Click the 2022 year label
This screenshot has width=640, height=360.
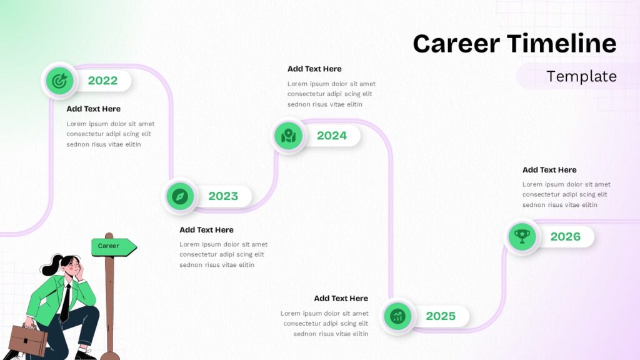[102, 81]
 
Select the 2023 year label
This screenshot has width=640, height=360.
[223, 196]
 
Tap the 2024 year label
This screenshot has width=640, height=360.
[332, 136]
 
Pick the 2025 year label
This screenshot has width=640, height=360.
[441, 316]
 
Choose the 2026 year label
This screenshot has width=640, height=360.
[565, 236]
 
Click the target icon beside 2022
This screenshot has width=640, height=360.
[59, 81]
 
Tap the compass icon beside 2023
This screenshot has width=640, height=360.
[180, 196]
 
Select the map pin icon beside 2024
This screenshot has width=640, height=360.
[288, 136]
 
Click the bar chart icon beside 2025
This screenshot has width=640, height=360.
[397, 316]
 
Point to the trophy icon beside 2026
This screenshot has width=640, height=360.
[522, 236]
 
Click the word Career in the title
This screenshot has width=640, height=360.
[456, 43]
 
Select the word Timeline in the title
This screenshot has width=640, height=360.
[562, 43]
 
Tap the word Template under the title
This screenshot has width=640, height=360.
[581, 76]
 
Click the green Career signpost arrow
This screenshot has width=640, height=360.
[114, 247]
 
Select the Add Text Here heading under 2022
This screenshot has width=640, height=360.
[94, 109]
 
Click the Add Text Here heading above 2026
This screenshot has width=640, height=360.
[549, 170]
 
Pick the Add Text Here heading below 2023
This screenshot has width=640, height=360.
[206, 230]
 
